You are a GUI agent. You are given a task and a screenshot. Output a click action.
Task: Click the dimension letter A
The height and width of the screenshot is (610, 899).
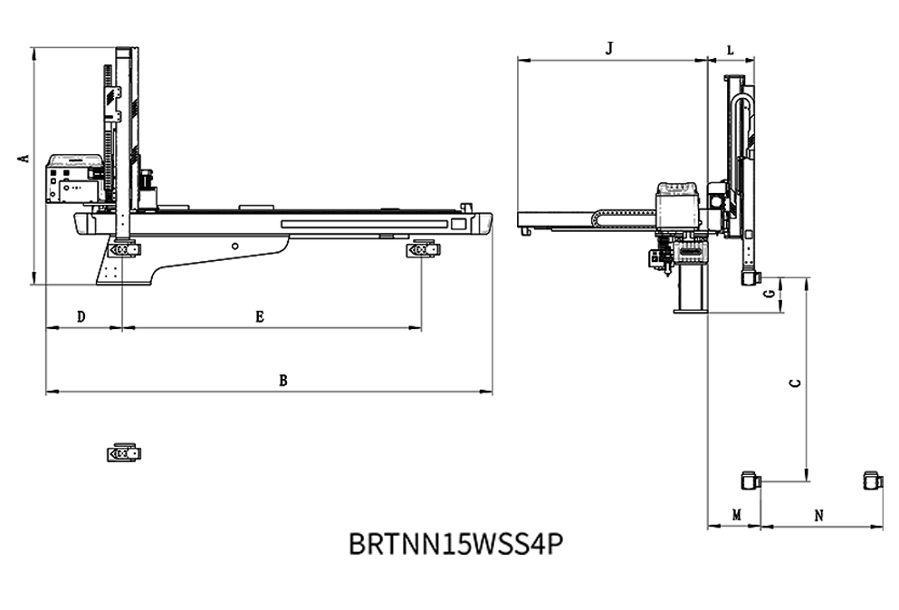[25, 158]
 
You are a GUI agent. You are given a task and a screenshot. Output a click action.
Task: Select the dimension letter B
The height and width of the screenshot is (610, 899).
[282, 381]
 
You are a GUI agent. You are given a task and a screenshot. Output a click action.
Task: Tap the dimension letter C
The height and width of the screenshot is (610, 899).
[795, 382]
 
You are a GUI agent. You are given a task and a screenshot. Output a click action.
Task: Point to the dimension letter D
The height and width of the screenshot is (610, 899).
[81, 317]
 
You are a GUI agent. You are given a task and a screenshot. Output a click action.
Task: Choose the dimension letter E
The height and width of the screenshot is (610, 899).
[259, 317]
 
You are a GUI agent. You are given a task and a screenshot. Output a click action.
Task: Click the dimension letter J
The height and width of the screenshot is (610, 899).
[609, 48]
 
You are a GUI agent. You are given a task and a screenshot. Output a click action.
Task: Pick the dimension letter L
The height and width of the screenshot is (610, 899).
[730, 50]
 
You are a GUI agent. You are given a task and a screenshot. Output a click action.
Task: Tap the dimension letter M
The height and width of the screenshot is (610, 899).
[736, 515]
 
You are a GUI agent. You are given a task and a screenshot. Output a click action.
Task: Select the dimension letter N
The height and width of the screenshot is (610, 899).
[818, 515]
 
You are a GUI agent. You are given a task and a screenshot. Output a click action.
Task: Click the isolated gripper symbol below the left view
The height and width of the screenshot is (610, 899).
[123, 451]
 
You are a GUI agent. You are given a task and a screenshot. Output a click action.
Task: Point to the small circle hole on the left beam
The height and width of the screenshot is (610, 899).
[234, 246]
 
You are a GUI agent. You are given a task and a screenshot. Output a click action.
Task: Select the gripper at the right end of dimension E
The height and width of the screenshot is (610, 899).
[422, 248]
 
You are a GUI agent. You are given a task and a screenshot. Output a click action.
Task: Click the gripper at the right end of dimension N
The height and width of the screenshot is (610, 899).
[873, 480]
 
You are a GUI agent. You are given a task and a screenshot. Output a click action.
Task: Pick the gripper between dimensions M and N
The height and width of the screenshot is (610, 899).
[751, 480]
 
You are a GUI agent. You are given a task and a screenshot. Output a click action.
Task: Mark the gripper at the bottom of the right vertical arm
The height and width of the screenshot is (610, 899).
[750, 277]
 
